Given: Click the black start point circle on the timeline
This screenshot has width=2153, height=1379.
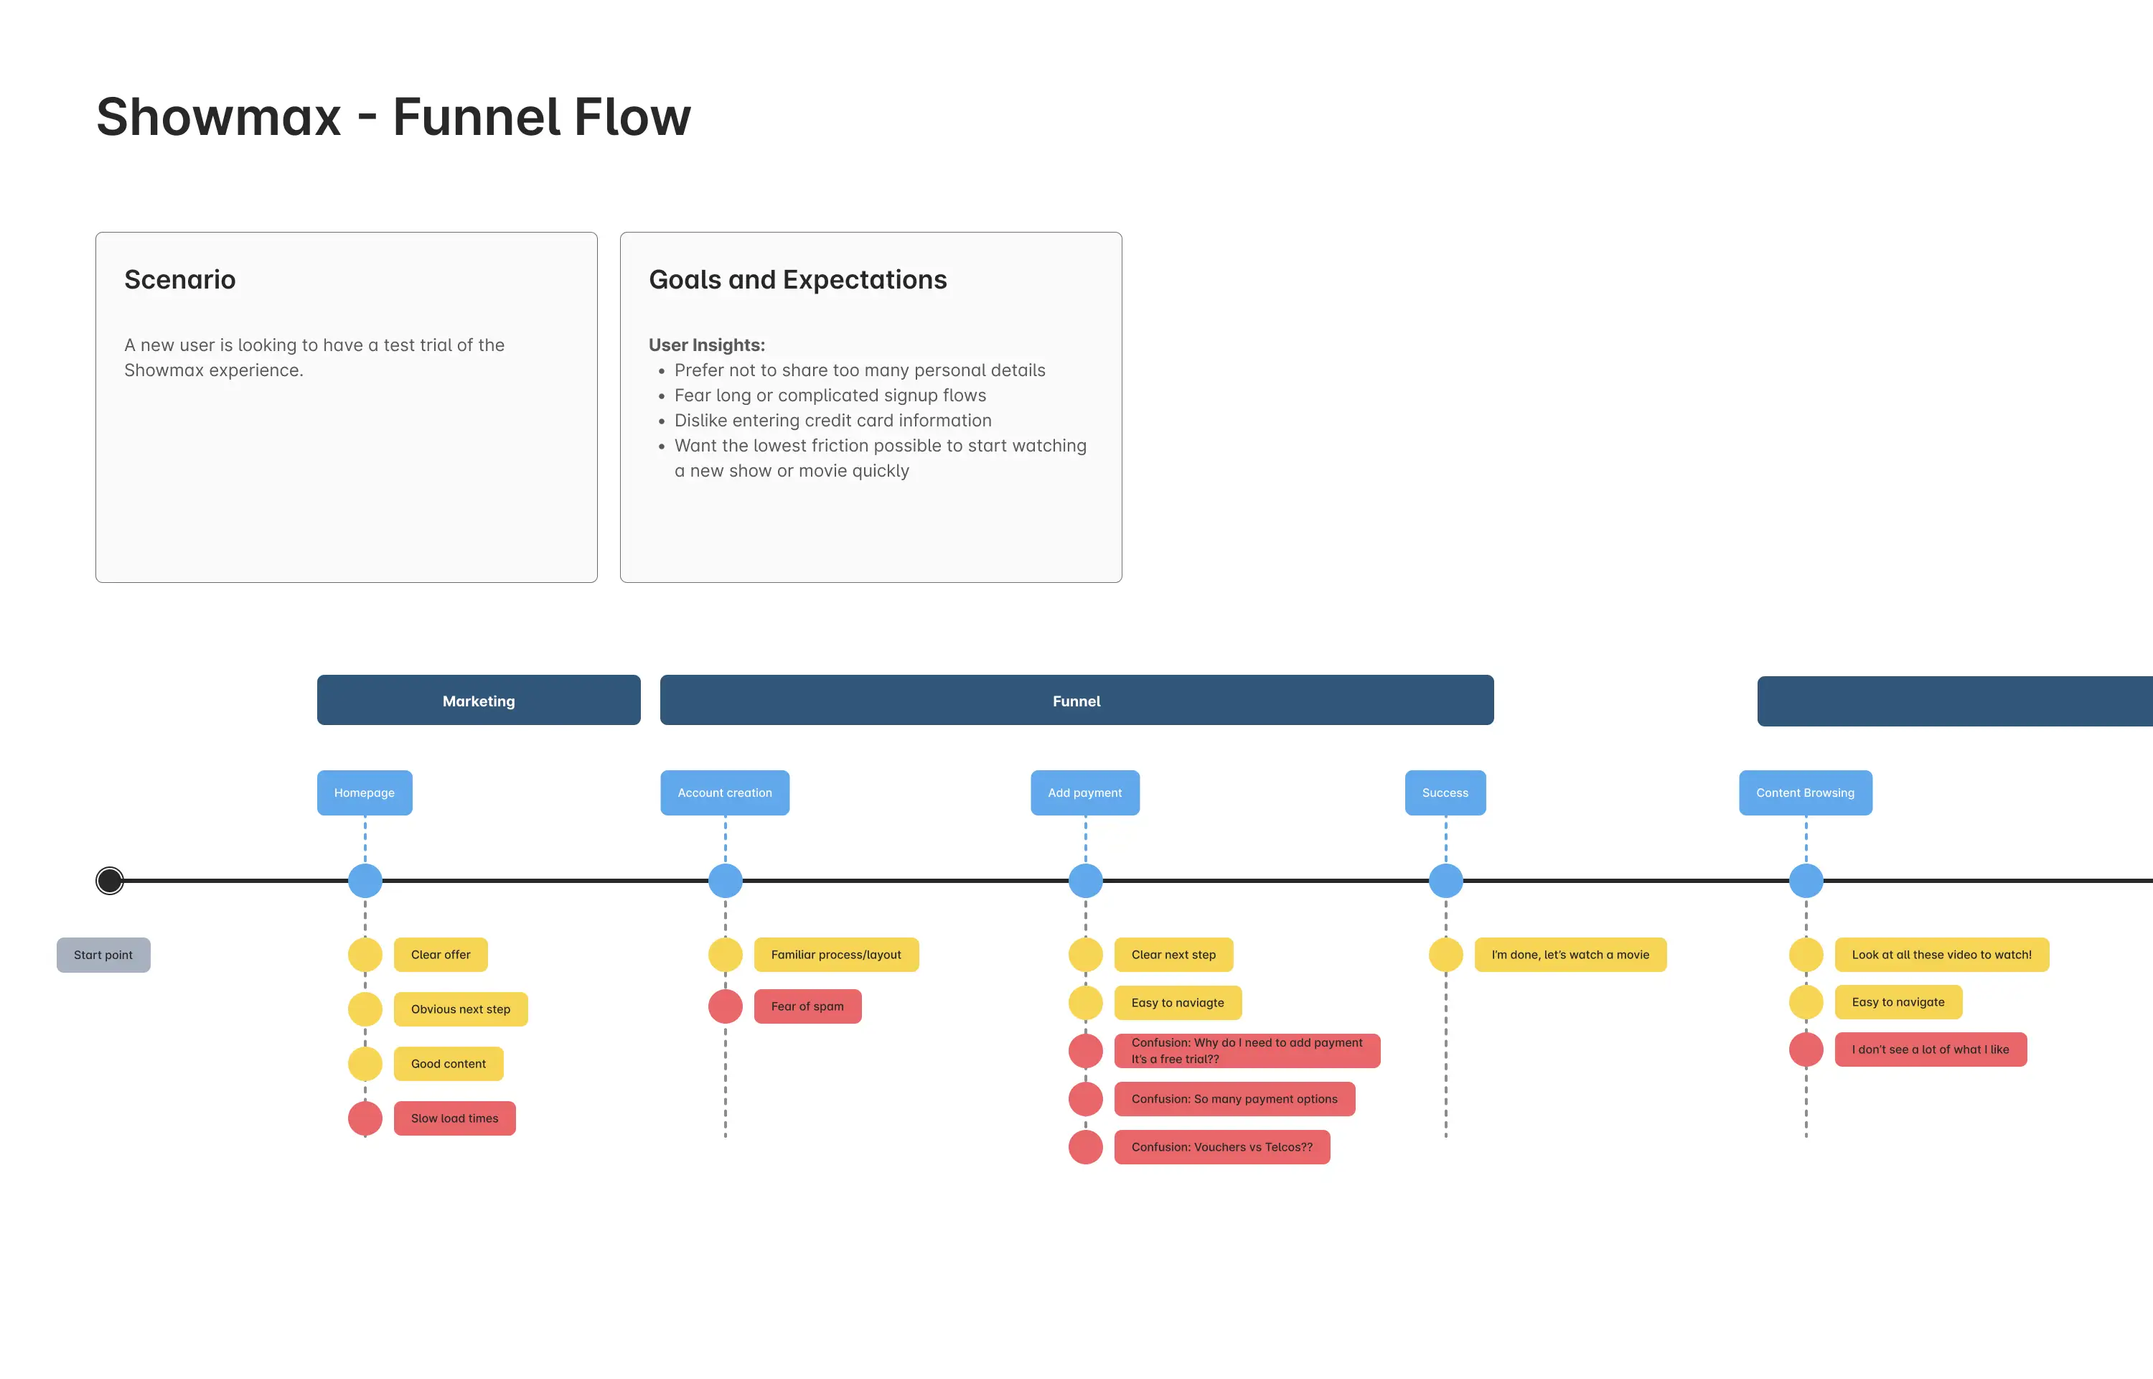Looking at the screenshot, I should pyautogui.click(x=109, y=880).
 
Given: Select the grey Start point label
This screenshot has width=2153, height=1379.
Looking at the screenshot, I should pyautogui.click(x=103, y=955).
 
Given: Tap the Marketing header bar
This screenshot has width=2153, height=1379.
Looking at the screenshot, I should pyautogui.click(x=478, y=700).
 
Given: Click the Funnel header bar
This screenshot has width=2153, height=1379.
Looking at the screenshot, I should pyautogui.click(x=1076, y=700).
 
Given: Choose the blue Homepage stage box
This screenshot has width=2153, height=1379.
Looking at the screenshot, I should pyautogui.click(x=365, y=793).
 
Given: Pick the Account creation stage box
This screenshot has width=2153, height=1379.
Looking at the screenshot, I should pyautogui.click(x=724, y=793).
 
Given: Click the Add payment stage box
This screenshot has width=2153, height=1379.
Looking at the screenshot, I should pyautogui.click(x=1084, y=793).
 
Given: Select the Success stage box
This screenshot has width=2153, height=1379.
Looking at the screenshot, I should pyautogui.click(x=1445, y=793).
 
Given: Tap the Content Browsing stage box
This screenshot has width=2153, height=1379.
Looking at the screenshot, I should pyautogui.click(x=1805, y=793).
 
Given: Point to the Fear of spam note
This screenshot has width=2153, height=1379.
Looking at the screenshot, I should pyautogui.click(x=807, y=1006).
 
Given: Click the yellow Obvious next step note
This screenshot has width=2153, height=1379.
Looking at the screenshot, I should pyautogui.click(x=460, y=1009).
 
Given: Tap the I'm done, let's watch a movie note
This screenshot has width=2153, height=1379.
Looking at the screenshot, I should pyautogui.click(x=1570, y=955).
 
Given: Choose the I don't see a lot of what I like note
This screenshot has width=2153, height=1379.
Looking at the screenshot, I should pyautogui.click(x=1929, y=1050).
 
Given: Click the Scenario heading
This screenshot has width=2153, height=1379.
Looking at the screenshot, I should pyautogui.click(x=180, y=279).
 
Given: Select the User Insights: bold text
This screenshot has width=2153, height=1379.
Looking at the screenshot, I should pyautogui.click(x=706, y=345).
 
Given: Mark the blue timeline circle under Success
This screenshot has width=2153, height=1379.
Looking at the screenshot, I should pyautogui.click(x=1445, y=880).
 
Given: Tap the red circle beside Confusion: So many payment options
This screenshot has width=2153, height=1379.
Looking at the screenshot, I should pyautogui.click(x=1085, y=1099).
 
